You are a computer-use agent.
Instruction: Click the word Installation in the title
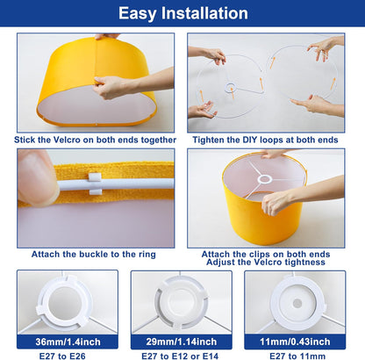click(204, 13)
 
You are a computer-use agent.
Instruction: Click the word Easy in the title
click(137, 14)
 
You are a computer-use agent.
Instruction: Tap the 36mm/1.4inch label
click(68, 342)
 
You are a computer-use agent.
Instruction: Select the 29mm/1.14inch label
click(182, 342)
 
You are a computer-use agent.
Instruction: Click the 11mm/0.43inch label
click(295, 342)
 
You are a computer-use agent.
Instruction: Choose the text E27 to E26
click(62, 356)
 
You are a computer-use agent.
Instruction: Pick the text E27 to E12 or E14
click(180, 356)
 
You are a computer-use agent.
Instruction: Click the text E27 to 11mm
click(297, 356)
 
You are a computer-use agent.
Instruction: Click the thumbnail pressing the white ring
click(37, 177)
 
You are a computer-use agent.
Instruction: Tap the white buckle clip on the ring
click(96, 184)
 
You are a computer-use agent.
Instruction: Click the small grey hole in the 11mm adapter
click(297, 303)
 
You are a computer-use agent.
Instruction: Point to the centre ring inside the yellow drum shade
click(264, 179)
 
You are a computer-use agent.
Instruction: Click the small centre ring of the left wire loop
click(231, 87)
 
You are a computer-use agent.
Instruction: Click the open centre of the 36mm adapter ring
click(64, 303)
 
